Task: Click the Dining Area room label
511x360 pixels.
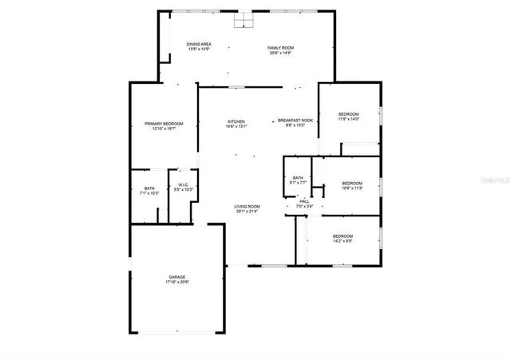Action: pos(198,44)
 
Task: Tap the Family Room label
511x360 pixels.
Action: pos(280,48)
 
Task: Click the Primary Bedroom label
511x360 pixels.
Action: pos(164,124)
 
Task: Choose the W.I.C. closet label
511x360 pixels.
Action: pos(184,184)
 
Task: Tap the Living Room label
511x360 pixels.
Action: pos(248,207)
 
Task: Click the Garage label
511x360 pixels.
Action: pos(176,277)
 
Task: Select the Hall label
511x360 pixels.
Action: pos(304,201)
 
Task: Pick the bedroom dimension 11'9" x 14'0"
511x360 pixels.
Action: pos(348,120)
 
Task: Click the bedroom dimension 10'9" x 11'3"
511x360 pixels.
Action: pos(352,188)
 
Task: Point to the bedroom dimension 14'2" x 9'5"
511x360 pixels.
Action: pos(343,240)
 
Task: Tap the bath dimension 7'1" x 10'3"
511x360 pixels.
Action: pos(149,193)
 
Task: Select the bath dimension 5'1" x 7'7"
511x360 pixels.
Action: pos(298,183)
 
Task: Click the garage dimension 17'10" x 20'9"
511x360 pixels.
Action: pos(176,283)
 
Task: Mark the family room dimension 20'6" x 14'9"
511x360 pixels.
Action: pos(280,53)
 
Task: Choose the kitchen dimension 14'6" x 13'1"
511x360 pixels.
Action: pos(236,126)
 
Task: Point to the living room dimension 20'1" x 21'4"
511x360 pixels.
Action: pos(248,212)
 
